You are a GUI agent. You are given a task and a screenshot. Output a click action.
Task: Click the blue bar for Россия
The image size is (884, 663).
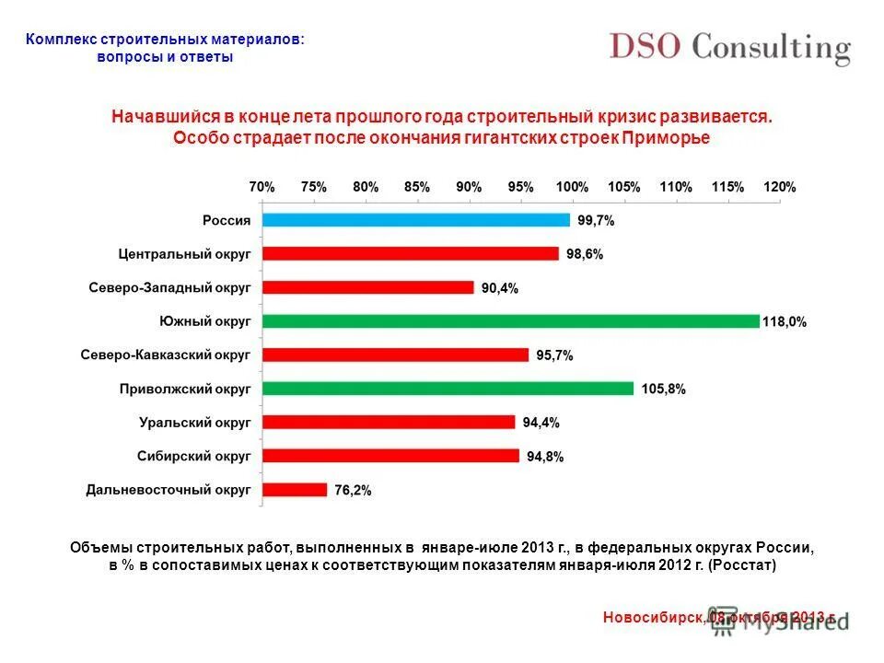(x=415, y=220)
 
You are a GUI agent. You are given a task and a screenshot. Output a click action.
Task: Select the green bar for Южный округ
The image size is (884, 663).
(x=510, y=321)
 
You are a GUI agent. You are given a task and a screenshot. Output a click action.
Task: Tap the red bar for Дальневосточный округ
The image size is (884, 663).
(x=295, y=490)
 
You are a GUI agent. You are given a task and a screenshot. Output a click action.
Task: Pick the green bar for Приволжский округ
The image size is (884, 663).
(x=448, y=389)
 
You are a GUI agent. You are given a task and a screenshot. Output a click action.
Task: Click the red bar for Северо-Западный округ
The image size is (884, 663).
(x=367, y=287)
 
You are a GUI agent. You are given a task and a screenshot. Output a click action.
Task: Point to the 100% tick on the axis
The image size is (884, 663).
(x=572, y=187)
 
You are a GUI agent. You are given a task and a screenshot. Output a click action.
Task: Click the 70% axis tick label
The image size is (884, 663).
(x=262, y=187)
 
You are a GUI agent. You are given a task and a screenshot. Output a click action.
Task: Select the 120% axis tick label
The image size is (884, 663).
(x=779, y=187)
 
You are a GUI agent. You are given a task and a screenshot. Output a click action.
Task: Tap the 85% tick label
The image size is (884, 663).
(x=417, y=187)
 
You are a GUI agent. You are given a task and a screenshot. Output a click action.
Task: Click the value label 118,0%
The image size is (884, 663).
(x=785, y=322)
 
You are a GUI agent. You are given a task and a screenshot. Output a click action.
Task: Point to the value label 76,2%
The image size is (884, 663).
(x=353, y=491)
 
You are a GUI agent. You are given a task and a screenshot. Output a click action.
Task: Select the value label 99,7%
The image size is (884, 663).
(x=596, y=221)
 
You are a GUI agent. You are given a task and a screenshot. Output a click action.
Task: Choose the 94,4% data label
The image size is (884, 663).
(x=541, y=423)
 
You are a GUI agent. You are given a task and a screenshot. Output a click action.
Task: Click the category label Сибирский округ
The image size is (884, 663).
(x=194, y=456)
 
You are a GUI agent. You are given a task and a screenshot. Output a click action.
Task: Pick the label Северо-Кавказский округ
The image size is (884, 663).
(x=166, y=355)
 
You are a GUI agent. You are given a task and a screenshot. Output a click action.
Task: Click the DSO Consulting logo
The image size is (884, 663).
(x=728, y=48)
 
